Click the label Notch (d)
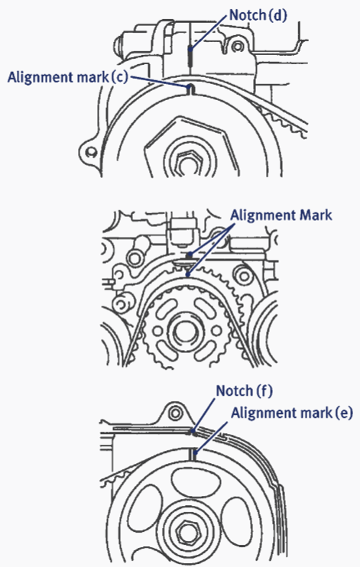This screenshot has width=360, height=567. pos(258,15)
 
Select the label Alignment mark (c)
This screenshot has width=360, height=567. pos(68,77)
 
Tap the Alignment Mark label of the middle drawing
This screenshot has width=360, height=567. pos(281,215)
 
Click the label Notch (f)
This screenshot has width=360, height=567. pos(245,391)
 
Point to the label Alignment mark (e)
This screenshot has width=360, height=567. pos(292,413)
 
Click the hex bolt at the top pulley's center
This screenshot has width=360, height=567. pos(188,161)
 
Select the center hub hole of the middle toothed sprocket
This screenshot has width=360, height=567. pos(186,331)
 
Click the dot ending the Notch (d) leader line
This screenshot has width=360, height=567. pos(190,49)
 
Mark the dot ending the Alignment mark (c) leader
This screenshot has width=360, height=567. pos(188,86)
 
